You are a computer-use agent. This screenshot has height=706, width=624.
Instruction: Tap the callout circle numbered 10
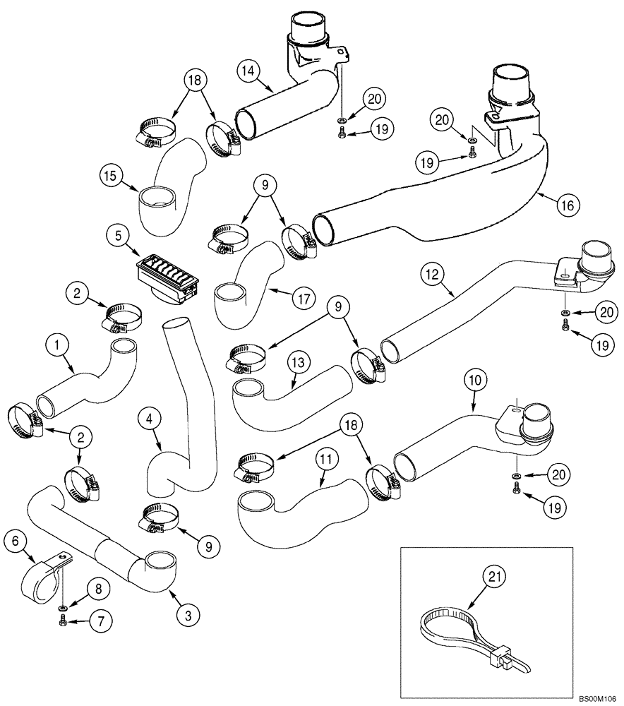pos(474,379)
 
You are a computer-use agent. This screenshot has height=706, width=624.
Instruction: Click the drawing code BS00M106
pos(597,698)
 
